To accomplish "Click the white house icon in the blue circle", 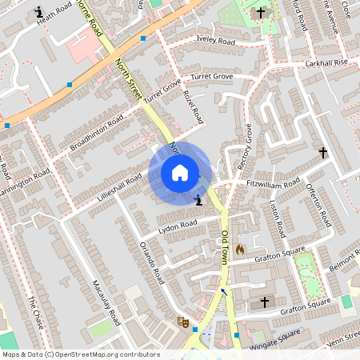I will click(180, 173).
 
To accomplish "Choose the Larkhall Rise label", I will click(326, 62).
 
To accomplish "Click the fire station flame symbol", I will click(239, 249).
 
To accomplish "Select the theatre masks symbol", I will click(182, 322).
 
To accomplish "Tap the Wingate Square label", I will click(277, 337).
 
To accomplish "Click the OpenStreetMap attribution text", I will click(81, 354).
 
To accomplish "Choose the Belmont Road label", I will click(345, 265).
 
